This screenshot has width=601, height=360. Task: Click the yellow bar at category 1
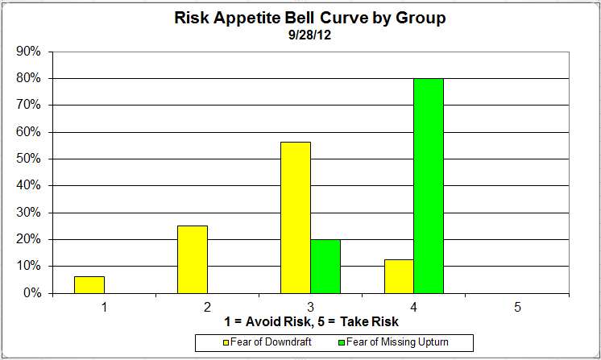(x=89, y=284)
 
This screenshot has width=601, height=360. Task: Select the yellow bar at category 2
(x=193, y=259)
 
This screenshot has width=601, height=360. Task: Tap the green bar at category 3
(x=325, y=266)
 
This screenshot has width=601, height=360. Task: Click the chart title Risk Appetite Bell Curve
(x=310, y=19)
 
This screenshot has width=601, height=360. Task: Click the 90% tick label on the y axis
(x=30, y=52)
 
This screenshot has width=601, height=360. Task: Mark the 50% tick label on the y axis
(x=30, y=159)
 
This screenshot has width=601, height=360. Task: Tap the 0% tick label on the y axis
(x=33, y=293)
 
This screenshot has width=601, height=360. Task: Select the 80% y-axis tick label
(x=30, y=78)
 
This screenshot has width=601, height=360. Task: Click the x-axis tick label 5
(x=517, y=307)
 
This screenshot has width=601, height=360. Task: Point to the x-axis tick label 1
(x=105, y=307)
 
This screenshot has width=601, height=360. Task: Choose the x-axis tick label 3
(x=311, y=307)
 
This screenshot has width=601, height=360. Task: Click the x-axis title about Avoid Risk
(x=310, y=321)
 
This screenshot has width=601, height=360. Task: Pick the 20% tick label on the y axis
(x=30, y=239)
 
